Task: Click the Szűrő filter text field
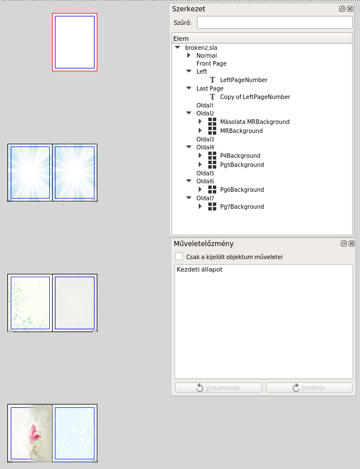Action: click(x=275, y=23)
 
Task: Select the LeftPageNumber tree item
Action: click(x=243, y=80)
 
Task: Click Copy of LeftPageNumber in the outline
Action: click(x=255, y=97)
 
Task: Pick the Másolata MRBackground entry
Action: click(x=255, y=122)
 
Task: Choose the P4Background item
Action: click(x=240, y=156)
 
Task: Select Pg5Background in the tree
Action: click(x=242, y=165)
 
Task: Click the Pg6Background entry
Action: click(x=242, y=190)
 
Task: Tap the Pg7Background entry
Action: click(x=242, y=206)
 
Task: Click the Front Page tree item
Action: click(x=211, y=63)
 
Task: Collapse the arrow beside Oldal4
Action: click(x=188, y=147)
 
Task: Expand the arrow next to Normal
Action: click(x=188, y=55)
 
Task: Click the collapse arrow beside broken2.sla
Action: click(x=178, y=48)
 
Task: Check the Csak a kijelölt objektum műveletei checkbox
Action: click(x=179, y=256)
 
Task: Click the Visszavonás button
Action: click(x=218, y=388)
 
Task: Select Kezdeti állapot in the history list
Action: click(x=199, y=269)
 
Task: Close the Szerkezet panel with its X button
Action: click(x=350, y=8)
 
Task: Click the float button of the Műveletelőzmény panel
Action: click(x=344, y=243)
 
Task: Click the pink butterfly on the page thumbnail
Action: click(x=34, y=437)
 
